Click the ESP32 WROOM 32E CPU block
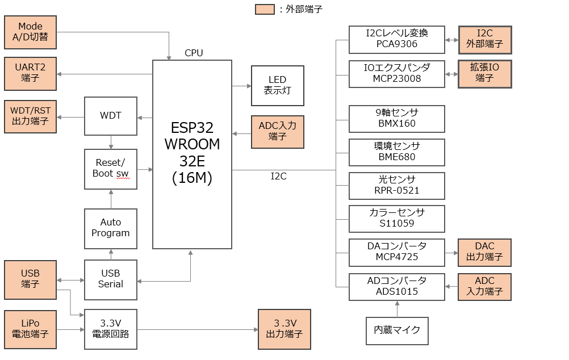192,154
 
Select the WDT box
111,116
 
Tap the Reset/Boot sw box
111,169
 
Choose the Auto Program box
111,228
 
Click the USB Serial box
111,279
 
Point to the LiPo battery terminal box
30,329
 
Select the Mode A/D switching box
30,32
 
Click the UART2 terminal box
30,73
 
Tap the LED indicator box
277,85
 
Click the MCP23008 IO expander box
397,73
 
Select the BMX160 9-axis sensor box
397,118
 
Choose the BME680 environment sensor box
397,152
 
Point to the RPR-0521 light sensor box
397,185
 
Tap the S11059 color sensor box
397,219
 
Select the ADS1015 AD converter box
397,287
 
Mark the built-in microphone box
397,330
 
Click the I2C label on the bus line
278,177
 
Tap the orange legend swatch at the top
265,9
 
